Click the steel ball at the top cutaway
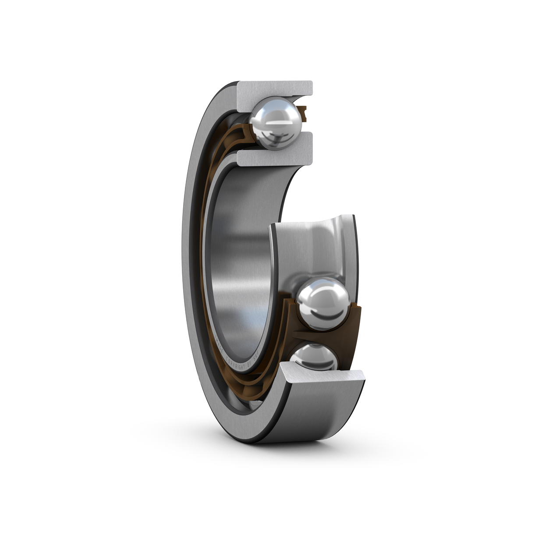point(275,122)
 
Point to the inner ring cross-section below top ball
point(275,156)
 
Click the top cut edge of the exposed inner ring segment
point(311,219)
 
